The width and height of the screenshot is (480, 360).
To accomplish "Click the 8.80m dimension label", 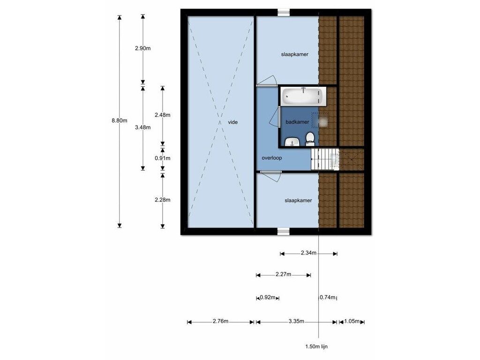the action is [x=120, y=120].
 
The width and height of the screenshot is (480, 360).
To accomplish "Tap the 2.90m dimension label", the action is [x=142, y=48].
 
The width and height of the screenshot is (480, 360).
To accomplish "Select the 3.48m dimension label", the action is [x=142, y=127].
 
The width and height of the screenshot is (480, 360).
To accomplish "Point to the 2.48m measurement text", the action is [x=163, y=115].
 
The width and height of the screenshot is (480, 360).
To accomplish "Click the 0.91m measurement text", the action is [x=163, y=158].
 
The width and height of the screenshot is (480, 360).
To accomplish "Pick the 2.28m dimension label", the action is [x=163, y=200].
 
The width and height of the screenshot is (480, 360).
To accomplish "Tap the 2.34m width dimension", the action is [x=308, y=253].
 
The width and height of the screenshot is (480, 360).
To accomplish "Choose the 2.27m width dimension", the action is [x=283, y=274].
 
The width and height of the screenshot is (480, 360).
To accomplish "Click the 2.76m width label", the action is [x=220, y=321].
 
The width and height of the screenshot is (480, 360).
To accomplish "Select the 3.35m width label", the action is [x=296, y=321].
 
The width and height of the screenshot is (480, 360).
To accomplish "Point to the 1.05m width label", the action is [x=352, y=321].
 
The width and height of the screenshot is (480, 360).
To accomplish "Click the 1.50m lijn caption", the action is [x=316, y=346].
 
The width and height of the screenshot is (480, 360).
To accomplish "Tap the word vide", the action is [x=232, y=122].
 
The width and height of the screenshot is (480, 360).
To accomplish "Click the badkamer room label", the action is [x=297, y=122].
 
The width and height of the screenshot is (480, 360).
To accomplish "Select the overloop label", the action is [x=272, y=158].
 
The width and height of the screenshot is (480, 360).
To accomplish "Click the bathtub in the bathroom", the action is [x=304, y=96].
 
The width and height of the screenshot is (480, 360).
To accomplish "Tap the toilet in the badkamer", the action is [x=310, y=139].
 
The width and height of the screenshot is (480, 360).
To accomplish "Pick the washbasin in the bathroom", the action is [x=292, y=142].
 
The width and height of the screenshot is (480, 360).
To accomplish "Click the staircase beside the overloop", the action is [x=325, y=159].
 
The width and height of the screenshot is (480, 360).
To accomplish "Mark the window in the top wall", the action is [x=284, y=12].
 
